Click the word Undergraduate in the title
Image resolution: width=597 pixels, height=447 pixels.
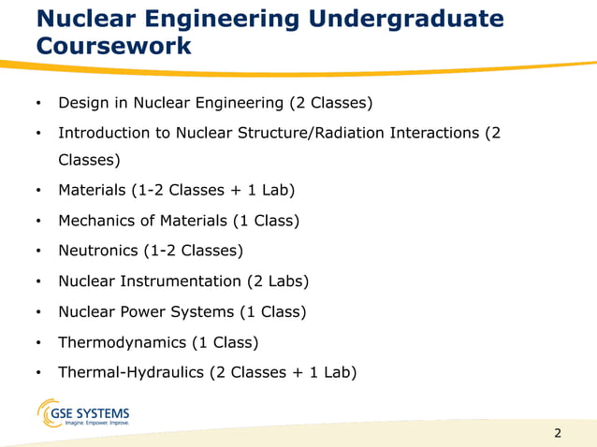[407, 19]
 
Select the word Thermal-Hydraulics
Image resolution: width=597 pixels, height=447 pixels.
[132, 372]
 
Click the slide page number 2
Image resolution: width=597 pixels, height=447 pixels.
[559, 433]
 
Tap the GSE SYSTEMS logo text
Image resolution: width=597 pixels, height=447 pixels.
[98, 412]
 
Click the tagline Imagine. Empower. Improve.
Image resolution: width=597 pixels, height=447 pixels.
[96, 424]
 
